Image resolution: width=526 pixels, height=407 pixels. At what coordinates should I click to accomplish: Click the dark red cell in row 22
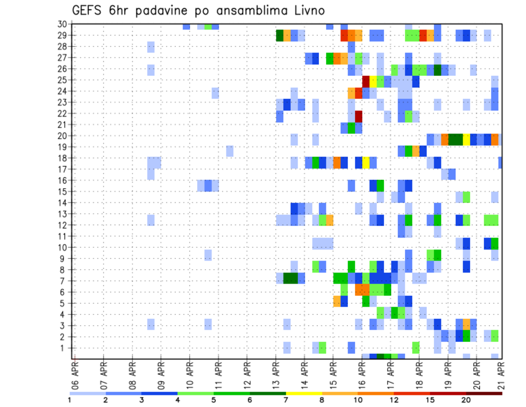pos(358,116)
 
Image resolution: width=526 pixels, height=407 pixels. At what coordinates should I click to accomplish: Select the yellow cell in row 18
pos(365,162)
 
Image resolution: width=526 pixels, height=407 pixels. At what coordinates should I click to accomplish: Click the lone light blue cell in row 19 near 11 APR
pos(230,150)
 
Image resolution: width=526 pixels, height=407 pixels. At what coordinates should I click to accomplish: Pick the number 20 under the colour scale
pos(466,399)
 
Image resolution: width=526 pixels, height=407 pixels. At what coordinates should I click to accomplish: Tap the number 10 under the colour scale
pos(358,399)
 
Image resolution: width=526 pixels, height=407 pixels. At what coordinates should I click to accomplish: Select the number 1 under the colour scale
pos(70,399)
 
